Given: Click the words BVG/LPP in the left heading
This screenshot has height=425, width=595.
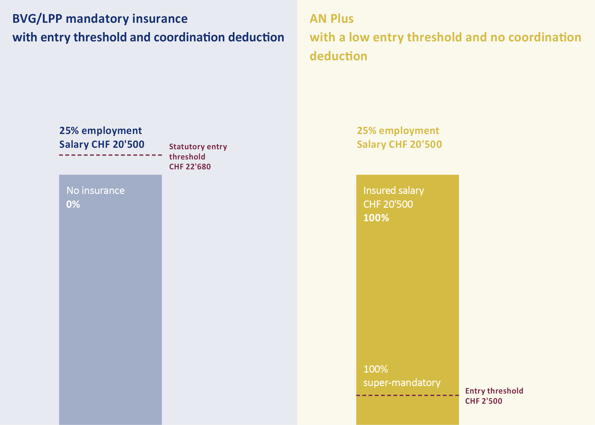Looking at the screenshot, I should click(37, 19).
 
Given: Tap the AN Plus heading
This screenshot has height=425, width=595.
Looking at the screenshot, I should click(331, 19).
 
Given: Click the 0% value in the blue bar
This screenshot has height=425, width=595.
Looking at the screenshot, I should click(73, 204).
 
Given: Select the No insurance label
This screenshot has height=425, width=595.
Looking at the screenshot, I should click(95, 191).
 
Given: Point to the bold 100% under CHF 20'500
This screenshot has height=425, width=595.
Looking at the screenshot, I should click(376, 218).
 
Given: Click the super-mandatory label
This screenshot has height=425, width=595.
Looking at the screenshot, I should click(402, 383).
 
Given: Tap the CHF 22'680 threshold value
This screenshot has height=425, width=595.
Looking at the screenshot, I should click(190, 167).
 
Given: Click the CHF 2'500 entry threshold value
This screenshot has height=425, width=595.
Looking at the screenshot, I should click(483, 401).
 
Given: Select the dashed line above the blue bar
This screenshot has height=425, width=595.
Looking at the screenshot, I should click(110, 155).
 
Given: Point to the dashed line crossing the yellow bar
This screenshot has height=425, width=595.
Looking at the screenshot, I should click(407, 395).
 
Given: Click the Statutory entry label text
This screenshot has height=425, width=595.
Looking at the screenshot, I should click(198, 147).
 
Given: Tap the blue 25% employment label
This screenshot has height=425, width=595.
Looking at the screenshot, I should click(100, 131).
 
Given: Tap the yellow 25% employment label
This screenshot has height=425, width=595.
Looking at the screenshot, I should click(398, 131).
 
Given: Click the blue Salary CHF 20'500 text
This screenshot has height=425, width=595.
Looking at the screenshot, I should click(102, 144).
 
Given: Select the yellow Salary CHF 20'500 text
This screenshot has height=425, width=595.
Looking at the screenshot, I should click(399, 144).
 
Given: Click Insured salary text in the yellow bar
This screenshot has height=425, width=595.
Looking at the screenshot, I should click(394, 191).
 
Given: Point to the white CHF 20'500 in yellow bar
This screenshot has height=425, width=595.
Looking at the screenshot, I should click(388, 204).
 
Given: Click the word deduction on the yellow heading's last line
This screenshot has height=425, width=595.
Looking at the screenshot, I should click(338, 56).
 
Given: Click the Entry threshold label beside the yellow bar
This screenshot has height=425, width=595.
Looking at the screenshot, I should click(494, 391).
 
